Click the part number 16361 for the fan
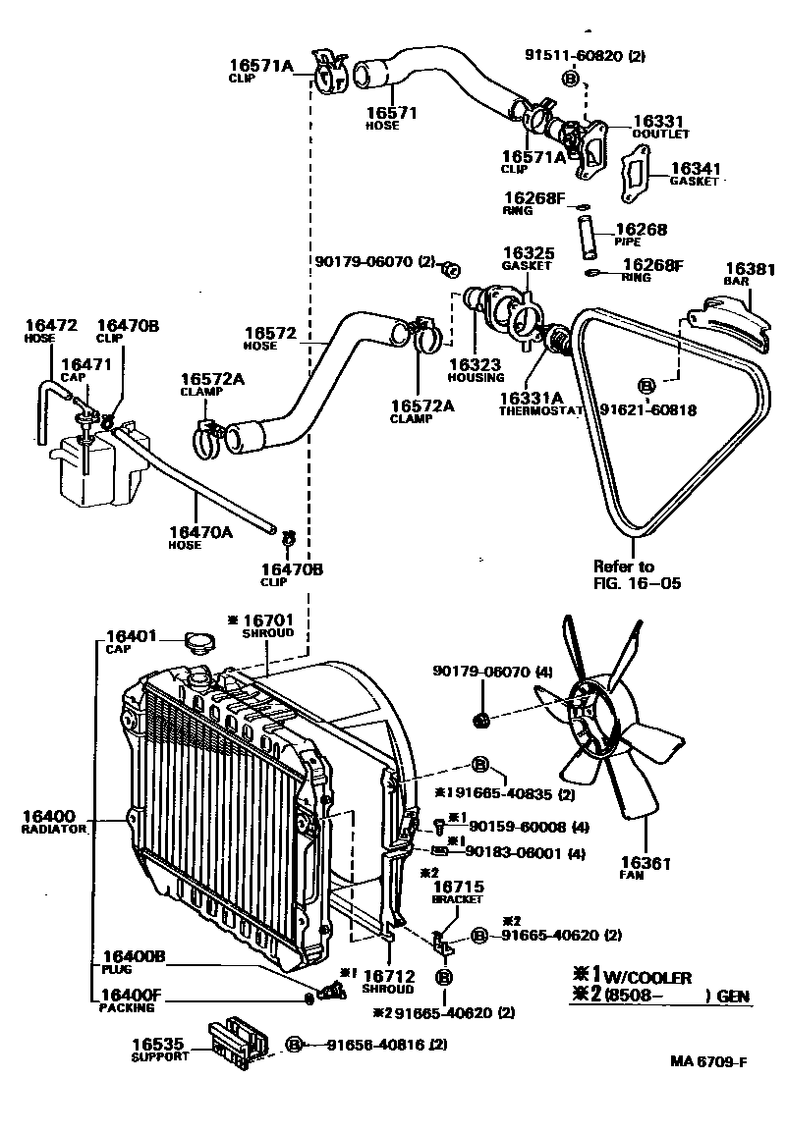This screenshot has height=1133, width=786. [x=646, y=863]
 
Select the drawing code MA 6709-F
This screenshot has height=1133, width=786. [x=709, y=1061]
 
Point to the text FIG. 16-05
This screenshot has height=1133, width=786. [x=637, y=582]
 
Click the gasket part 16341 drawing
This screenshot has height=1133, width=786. [x=638, y=176]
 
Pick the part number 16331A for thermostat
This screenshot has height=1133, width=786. [x=530, y=397]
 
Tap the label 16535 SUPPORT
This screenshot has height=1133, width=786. [x=158, y=1050]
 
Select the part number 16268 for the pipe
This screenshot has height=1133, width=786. [x=641, y=230]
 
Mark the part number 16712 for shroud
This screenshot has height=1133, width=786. [x=388, y=976]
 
